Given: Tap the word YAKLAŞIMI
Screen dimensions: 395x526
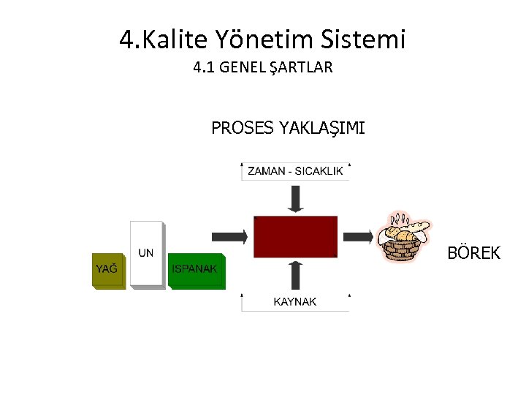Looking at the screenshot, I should tap(321, 129).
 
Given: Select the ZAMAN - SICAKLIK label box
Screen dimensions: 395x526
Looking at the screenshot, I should tap(296, 171).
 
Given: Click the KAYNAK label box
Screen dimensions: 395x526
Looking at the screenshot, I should tap(295, 301).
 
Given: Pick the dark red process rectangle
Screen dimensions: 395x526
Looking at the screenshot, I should tap(295, 236).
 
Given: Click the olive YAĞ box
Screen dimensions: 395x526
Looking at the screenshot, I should tap(107, 270).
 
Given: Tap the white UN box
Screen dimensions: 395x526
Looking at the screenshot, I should tap(146, 253).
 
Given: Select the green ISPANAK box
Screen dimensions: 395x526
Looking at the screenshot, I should tap(195, 270).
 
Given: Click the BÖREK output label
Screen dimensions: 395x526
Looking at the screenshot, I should tap(474, 254).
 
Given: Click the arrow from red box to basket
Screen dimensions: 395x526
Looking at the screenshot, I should tap(358, 236).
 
